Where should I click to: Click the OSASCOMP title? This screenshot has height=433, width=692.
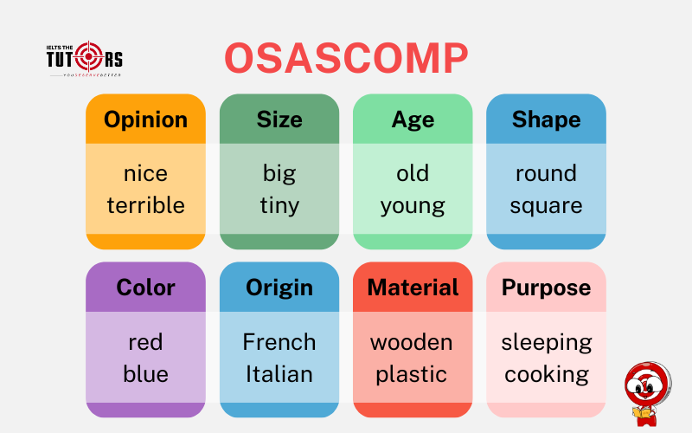(x=346, y=60)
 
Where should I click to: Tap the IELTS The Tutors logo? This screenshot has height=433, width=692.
(x=84, y=60)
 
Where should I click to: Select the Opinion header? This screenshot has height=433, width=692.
(x=145, y=120)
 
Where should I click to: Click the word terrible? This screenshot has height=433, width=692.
(x=145, y=205)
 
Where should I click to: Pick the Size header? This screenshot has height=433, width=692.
(x=279, y=120)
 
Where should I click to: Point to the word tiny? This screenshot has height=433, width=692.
(x=279, y=205)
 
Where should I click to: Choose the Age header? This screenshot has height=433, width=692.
(x=413, y=120)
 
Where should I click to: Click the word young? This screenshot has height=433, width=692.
(x=413, y=205)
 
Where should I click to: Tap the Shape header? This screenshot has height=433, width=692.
(x=546, y=120)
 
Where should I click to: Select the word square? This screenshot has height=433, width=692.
(x=546, y=205)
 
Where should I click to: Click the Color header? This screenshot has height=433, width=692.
(x=145, y=288)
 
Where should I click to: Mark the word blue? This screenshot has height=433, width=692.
(x=145, y=374)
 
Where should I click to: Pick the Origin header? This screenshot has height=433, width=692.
(x=279, y=288)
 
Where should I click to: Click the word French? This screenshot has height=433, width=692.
(x=279, y=342)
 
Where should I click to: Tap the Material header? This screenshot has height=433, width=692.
(x=413, y=288)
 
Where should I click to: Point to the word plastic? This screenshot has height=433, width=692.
(x=413, y=374)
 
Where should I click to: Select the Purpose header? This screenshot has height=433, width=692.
(x=546, y=288)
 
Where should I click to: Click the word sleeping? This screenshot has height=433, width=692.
(x=546, y=342)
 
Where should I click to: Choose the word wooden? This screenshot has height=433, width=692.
(x=412, y=342)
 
